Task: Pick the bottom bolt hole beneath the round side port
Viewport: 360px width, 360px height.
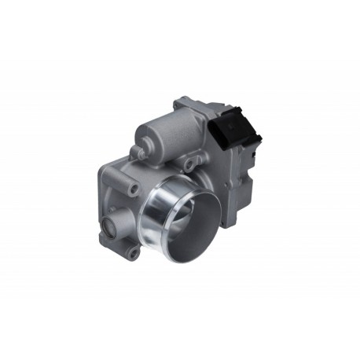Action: tap(134, 253)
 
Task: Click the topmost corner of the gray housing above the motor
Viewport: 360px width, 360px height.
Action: tap(182, 100)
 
